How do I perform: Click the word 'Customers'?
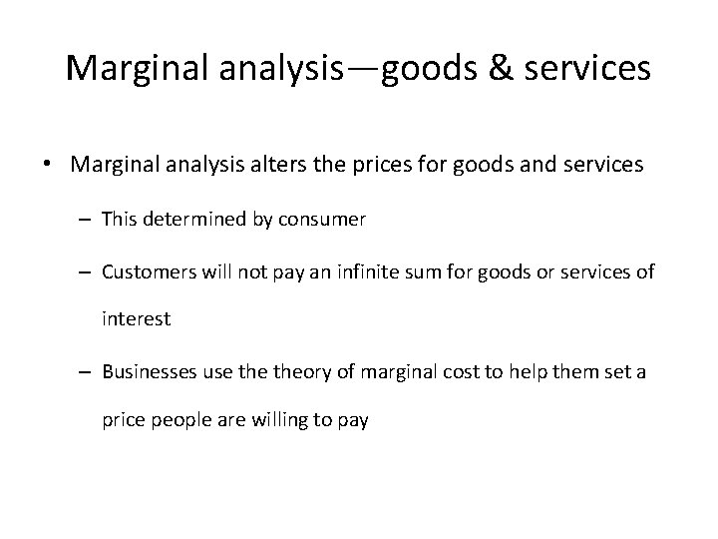click(x=145, y=271)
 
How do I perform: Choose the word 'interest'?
click(x=137, y=319)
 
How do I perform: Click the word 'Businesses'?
click(x=148, y=372)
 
